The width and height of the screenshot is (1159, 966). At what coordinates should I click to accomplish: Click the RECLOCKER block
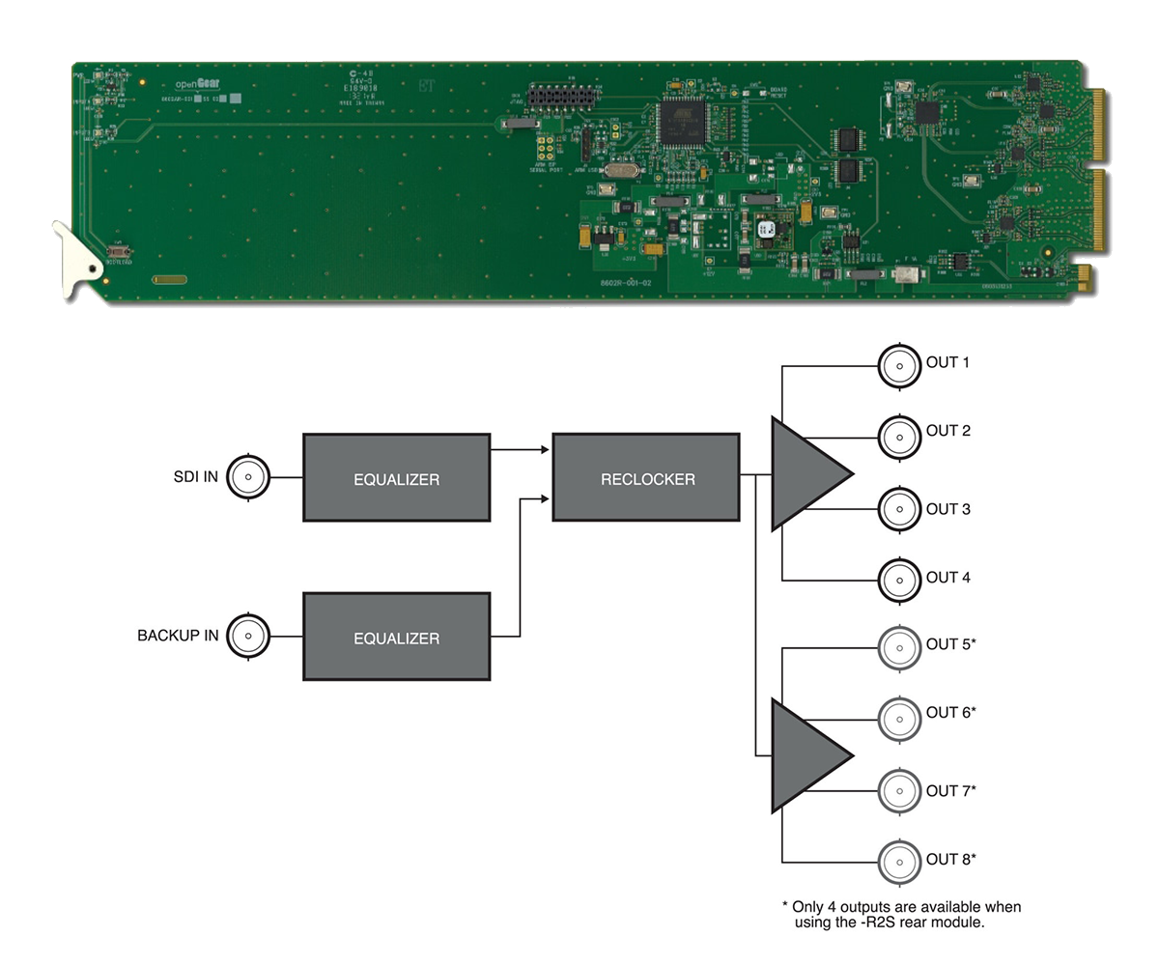646,477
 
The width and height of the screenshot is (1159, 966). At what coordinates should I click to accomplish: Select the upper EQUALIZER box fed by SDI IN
397,478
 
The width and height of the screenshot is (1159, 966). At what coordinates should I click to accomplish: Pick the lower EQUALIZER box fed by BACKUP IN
397,638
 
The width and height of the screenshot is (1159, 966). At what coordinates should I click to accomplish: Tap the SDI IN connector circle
249,476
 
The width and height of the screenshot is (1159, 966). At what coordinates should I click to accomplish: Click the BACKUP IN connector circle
249,636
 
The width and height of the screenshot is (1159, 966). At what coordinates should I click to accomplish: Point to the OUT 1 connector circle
900,365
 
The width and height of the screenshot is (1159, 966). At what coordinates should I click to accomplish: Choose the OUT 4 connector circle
900,581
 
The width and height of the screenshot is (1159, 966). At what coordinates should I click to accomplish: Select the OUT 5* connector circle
900,647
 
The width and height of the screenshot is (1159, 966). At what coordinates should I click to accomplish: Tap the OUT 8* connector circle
900,862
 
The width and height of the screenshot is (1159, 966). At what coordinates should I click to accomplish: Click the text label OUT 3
947,509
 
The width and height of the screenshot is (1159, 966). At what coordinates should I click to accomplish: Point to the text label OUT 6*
950,713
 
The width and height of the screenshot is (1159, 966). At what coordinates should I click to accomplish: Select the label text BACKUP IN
178,637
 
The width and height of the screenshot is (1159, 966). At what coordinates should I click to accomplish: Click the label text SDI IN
196,477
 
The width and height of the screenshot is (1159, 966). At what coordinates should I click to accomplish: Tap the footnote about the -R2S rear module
900,915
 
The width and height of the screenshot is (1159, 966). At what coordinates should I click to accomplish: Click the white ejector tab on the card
77,255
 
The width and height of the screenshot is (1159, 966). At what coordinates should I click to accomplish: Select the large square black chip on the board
682,120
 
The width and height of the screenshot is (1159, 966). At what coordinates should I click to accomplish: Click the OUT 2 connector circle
900,437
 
